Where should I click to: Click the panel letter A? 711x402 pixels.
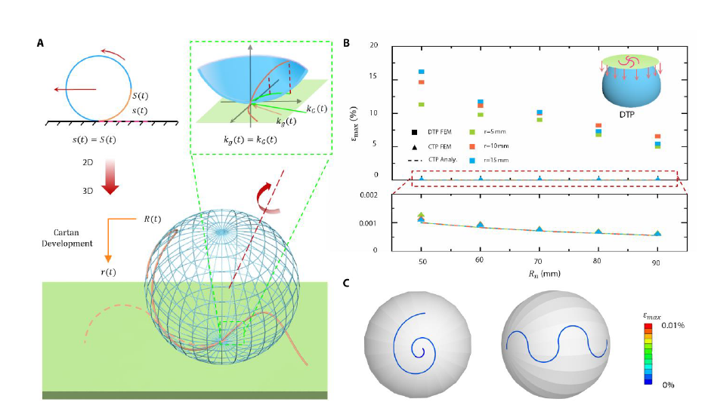click(41, 44)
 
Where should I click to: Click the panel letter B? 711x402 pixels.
click(347, 44)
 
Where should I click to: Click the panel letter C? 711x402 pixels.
click(347, 284)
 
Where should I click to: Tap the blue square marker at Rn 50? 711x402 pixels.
click(422, 72)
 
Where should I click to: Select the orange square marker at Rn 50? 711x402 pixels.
click(422, 82)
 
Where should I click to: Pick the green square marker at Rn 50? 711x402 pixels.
click(422, 104)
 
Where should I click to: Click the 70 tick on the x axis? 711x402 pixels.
click(539, 260)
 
